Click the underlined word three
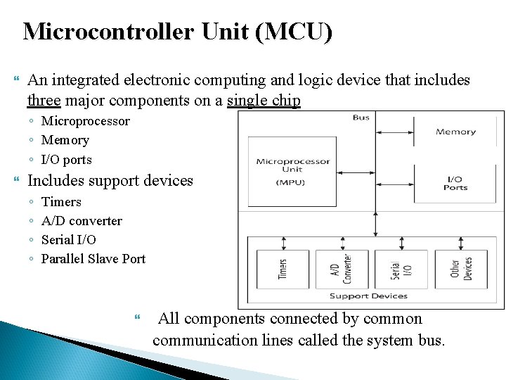click(x=44, y=101)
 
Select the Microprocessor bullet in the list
click(x=85, y=121)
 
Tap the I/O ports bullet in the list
click(x=66, y=160)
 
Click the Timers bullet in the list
click(x=61, y=202)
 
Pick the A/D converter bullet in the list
click(x=82, y=221)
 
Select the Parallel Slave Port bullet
click(x=93, y=259)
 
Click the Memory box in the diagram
click(x=455, y=132)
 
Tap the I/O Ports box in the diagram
click(x=455, y=183)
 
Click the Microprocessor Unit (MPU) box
click(x=293, y=172)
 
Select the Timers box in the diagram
click(x=283, y=269)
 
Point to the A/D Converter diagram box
click(x=342, y=269)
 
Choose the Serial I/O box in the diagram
click(x=401, y=269)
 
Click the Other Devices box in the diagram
click(x=461, y=269)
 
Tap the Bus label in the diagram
click(x=361, y=118)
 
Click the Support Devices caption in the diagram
click(x=368, y=296)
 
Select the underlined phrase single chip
click(x=264, y=101)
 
